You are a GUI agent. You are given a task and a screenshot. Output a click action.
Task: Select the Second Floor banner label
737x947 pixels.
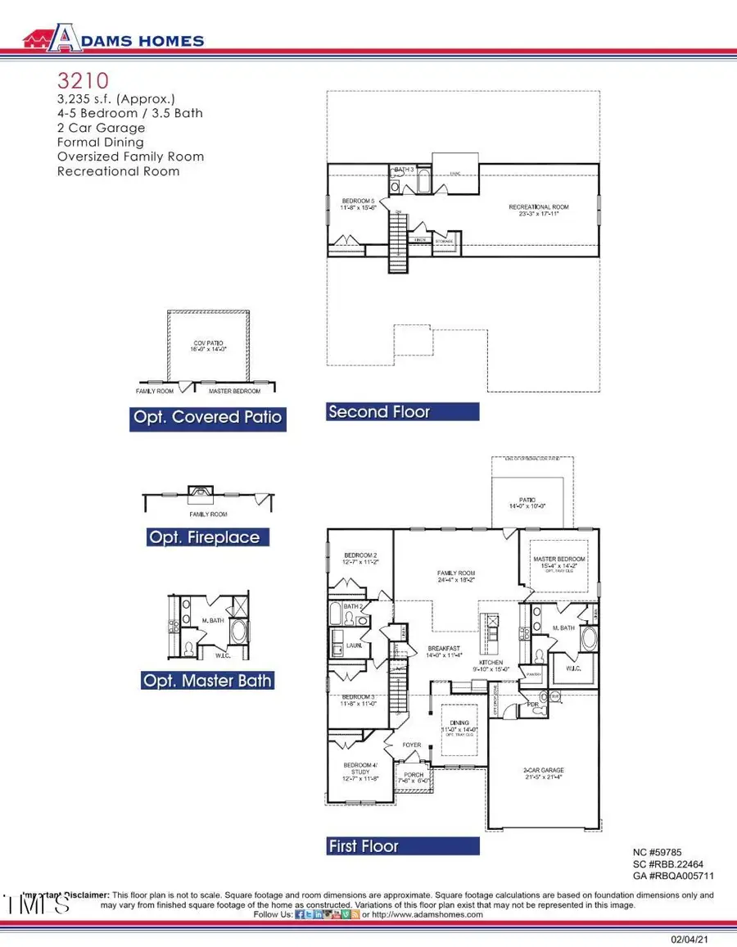378,412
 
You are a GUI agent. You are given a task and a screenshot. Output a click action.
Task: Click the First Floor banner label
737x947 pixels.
363,846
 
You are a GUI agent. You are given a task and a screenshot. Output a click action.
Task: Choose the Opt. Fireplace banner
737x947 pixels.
204,537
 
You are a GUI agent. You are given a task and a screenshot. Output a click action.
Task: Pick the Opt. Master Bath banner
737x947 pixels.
207,681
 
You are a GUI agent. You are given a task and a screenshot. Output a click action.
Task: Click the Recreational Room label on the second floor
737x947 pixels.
538,207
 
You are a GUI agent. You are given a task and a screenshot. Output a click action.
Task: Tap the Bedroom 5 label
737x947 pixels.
358,202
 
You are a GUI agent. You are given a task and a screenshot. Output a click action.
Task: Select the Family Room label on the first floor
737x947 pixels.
456,573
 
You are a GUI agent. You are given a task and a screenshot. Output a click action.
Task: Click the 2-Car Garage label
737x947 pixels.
544,770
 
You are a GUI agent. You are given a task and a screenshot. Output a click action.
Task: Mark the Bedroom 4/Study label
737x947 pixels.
360,768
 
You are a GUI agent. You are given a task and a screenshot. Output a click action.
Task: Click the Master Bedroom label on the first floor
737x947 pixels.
561,559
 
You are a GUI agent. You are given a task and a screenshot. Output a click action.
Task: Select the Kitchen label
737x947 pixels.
491,663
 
